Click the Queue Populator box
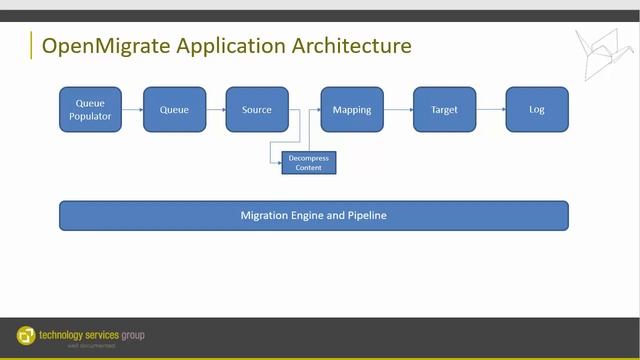[90, 109]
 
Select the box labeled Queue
[174, 109]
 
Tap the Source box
[257, 109]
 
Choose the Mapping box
[352, 109]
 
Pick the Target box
[444, 109]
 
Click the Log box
[537, 109]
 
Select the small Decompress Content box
[309, 162]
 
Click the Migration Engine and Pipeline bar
[313, 215]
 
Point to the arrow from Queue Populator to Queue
[132, 109]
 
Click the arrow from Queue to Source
[215, 109]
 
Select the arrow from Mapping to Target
[398, 109]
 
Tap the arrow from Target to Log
[490, 109]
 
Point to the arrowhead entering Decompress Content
[279, 162]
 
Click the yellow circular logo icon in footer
[26, 335]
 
